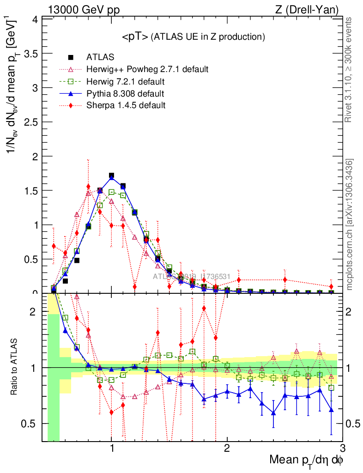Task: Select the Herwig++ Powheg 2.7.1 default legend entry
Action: coord(147,70)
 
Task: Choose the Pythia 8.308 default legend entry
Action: coord(125,94)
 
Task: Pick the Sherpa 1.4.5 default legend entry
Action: coord(126,105)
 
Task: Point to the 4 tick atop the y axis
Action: coord(34,19)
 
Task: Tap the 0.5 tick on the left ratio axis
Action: coord(30,424)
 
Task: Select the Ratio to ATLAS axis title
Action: coord(15,367)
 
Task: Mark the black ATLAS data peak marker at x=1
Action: coord(111,176)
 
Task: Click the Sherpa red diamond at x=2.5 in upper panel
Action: coord(285,279)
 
